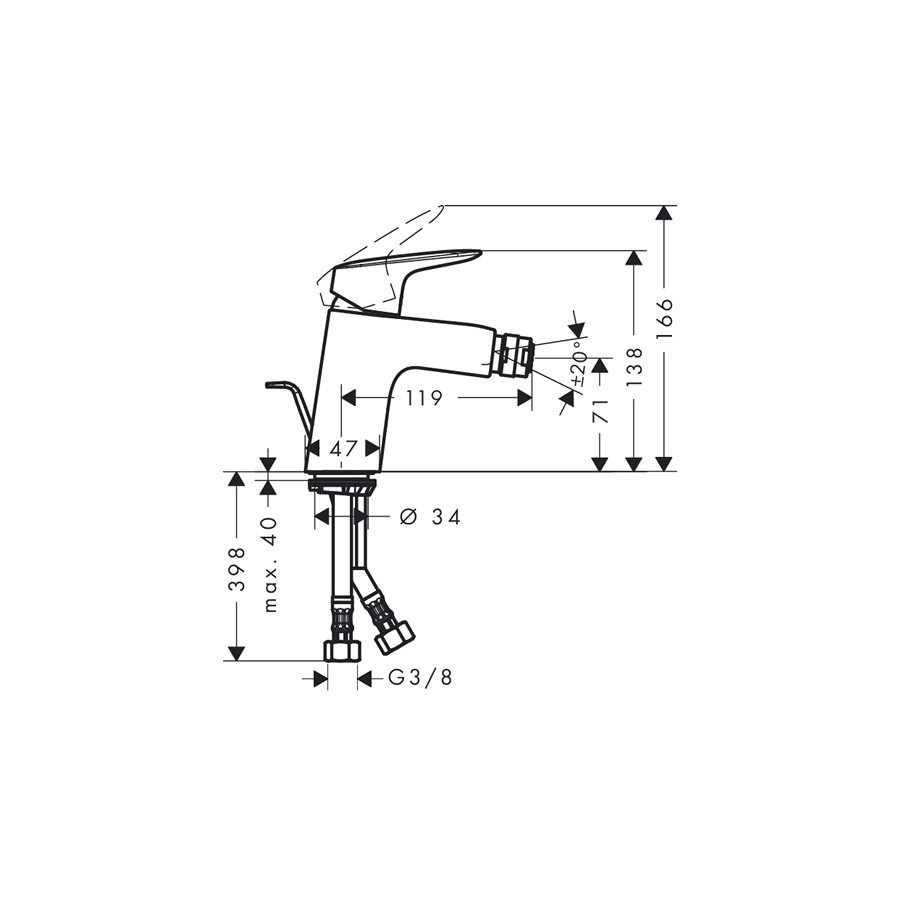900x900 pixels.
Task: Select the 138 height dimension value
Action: (x=634, y=367)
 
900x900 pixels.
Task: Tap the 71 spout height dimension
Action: (x=600, y=410)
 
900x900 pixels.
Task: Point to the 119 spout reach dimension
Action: (x=425, y=397)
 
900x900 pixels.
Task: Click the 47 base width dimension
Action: (x=344, y=448)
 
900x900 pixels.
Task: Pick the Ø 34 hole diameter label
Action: (x=430, y=517)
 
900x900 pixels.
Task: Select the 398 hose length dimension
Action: (x=236, y=569)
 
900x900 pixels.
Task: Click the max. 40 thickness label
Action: (x=270, y=565)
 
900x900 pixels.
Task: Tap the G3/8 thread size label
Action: (x=421, y=678)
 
